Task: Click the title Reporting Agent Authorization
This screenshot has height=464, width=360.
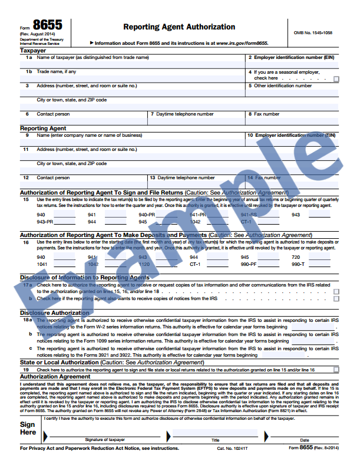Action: pos(179,27)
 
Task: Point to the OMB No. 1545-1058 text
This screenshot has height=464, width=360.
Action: pos(312,33)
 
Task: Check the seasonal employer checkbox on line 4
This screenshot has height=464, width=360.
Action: pos(336,78)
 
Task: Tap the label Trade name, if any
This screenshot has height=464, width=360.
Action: pos(57,71)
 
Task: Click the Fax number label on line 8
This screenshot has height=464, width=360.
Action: pos(266,114)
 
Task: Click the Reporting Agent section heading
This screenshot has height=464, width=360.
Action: pos(43,128)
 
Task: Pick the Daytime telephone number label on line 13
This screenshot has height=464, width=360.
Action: pos(186,177)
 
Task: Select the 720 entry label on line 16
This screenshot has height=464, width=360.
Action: pos(296,258)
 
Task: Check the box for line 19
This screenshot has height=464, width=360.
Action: pos(336,370)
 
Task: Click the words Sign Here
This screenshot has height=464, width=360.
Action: pos(28,428)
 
